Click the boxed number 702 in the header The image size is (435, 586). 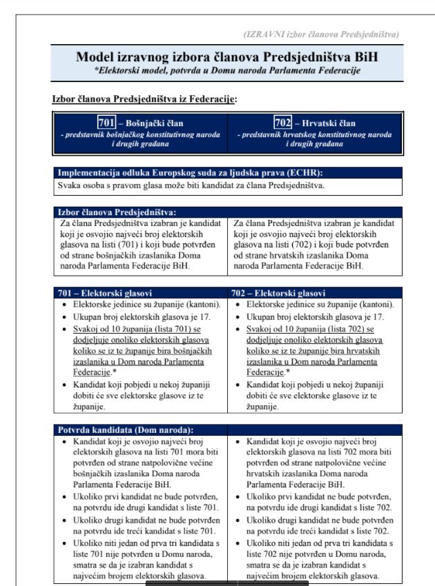point(283,123)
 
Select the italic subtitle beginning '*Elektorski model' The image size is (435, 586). point(226,70)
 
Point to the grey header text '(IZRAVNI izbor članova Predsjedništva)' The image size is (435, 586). point(321,34)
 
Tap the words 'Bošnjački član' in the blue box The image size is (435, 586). point(154,123)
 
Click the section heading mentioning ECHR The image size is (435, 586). point(190,172)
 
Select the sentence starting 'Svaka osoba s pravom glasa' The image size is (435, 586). point(190,184)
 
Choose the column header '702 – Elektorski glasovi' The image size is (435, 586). point(279,293)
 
